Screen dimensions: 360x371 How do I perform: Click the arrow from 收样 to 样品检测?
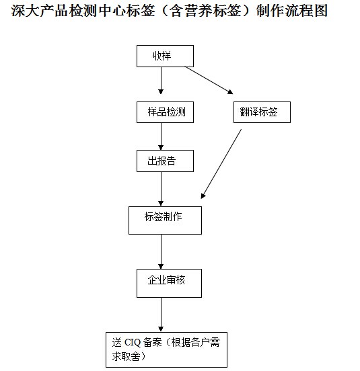[x=161, y=81]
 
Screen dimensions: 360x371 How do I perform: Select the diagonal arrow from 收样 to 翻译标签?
[x=209, y=81]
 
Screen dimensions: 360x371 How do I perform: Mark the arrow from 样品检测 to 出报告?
[x=161, y=136]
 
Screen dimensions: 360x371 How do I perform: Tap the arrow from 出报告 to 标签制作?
[x=161, y=189]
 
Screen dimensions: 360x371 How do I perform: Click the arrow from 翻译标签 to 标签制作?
[x=221, y=164]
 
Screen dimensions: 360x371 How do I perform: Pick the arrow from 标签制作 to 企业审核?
[x=161, y=252]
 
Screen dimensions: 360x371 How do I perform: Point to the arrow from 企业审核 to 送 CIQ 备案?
[x=161, y=315]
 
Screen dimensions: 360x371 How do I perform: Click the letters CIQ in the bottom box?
[x=133, y=342]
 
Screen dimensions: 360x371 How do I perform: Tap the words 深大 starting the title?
[x=25, y=11]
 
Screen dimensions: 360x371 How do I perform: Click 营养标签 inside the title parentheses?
[x=213, y=11]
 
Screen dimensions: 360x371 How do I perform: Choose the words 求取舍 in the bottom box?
[x=126, y=357]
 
